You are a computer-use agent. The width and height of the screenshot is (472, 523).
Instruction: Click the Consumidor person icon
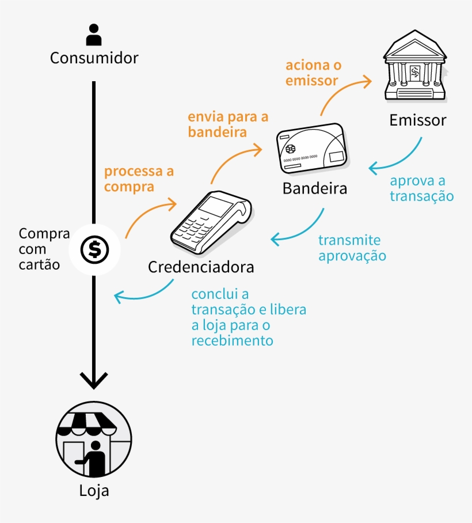coord(94,35)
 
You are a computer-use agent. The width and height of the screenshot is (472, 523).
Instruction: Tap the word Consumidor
coord(94,58)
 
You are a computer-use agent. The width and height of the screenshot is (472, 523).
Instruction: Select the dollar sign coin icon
coord(94,249)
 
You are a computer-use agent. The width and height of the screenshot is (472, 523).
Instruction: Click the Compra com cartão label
coord(43,249)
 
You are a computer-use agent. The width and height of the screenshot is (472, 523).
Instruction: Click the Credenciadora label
coord(201,267)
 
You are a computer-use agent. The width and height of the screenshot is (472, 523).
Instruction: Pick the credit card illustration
coord(313,149)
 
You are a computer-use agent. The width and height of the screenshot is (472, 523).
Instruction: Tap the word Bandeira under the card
coord(314,189)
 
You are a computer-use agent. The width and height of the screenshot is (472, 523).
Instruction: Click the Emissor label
coord(417,120)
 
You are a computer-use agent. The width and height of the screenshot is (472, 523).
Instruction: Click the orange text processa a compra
coord(139,179)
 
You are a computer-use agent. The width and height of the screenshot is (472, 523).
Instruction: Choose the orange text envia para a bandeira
coord(228,124)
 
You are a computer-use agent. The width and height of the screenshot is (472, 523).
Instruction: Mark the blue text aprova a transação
coord(421,188)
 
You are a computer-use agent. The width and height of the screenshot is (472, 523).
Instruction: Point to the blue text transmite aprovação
coord(352,248)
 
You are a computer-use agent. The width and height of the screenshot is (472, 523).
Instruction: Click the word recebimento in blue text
coord(232,340)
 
